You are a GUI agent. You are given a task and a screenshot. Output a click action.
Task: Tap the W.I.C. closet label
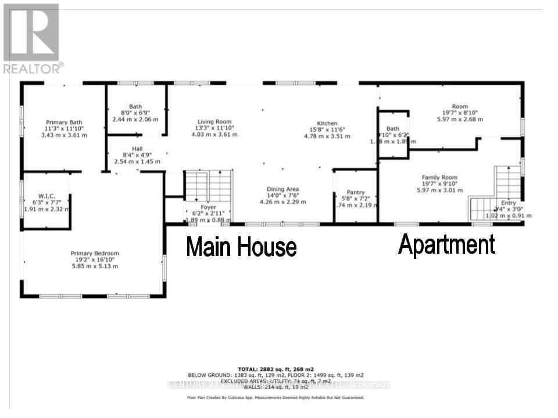tap(46, 195)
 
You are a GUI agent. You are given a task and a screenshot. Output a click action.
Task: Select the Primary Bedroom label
tap(95, 253)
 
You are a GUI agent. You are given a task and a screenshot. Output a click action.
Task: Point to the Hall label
tap(137, 149)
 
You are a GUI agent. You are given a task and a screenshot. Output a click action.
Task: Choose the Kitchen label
tap(327, 124)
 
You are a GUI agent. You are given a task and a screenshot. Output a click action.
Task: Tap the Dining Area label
tap(282, 189)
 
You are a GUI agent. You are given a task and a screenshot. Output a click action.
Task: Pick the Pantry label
tap(355, 193)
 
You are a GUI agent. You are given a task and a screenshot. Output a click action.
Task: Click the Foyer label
tap(208, 207)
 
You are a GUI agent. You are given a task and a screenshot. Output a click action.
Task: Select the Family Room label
tap(439, 178)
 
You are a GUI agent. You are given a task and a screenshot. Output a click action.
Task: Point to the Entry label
tap(508, 203)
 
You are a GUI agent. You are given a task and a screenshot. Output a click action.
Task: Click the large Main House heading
tap(241, 247)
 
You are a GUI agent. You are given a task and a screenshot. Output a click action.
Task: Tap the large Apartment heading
tap(446, 245)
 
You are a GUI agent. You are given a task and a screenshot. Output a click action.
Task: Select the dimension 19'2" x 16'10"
tap(95, 260)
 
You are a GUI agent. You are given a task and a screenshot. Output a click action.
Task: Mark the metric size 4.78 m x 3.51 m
tap(327, 136)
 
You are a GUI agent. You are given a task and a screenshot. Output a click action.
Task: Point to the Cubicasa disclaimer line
tap(276, 398)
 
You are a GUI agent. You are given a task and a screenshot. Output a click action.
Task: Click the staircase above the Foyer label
tap(208, 186)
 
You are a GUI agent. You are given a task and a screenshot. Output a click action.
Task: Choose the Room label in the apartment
tap(460, 106)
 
